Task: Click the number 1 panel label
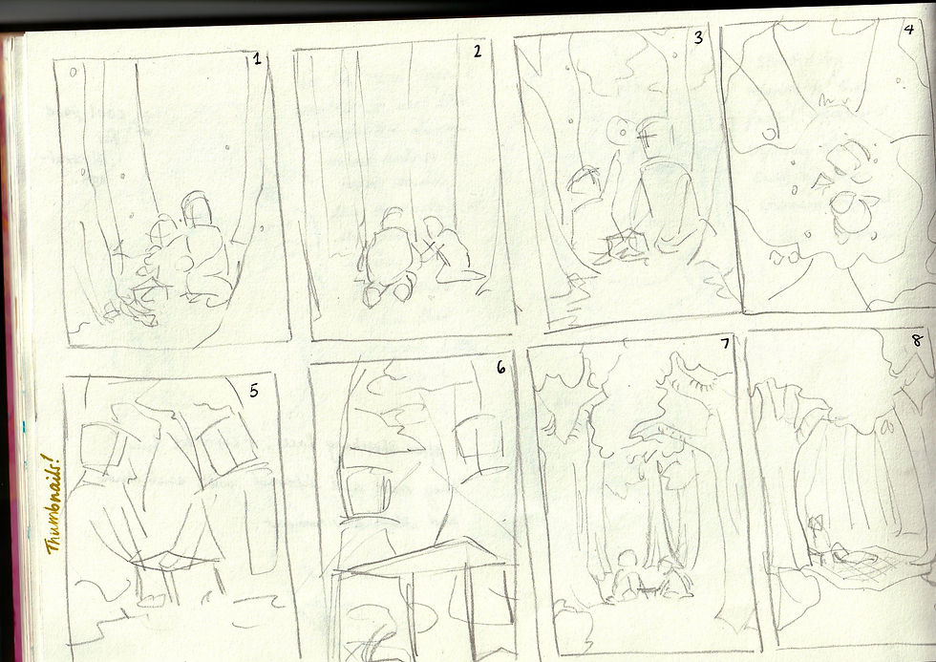click(x=257, y=58)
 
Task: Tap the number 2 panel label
click(x=477, y=52)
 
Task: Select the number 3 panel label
click(x=698, y=37)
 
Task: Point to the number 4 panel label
click(x=908, y=29)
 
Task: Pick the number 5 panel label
click(x=254, y=391)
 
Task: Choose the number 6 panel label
click(x=500, y=368)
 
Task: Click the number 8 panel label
click(x=917, y=340)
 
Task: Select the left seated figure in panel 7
click(x=624, y=576)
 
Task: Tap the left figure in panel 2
click(x=388, y=257)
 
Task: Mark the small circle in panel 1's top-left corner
click(x=73, y=73)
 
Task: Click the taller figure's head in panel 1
click(x=197, y=207)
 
